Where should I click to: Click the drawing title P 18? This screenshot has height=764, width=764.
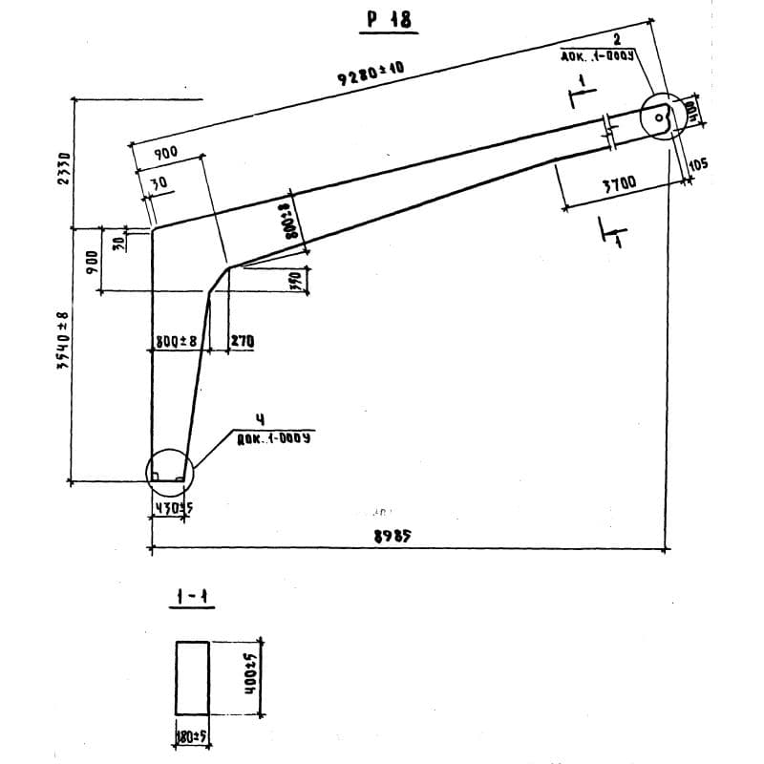(389, 19)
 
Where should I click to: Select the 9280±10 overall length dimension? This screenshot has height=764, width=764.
(369, 74)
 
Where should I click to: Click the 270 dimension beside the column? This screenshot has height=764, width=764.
(242, 341)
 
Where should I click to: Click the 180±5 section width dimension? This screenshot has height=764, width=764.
(192, 735)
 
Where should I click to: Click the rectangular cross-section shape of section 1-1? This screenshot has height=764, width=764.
(192, 678)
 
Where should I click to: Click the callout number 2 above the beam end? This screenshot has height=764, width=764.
(616, 39)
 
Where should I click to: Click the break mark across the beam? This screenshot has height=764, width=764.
(608, 131)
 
